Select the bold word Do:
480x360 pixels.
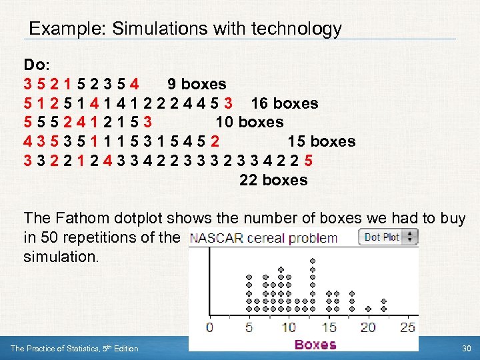click(36, 65)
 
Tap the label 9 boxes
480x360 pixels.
click(197, 84)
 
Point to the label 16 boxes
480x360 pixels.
click(284, 103)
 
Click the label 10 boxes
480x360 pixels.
click(249, 123)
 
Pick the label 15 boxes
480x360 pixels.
click(321, 141)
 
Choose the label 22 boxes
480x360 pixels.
click(273, 180)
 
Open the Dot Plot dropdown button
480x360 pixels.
click(388, 237)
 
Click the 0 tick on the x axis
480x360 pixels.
click(209, 327)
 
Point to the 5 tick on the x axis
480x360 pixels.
click(249, 327)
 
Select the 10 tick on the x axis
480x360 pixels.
click(288, 327)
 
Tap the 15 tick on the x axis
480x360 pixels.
click(329, 327)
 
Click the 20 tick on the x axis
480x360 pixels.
click(368, 327)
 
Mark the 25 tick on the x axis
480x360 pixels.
click(407, 327)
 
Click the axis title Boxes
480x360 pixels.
click(315, 345)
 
